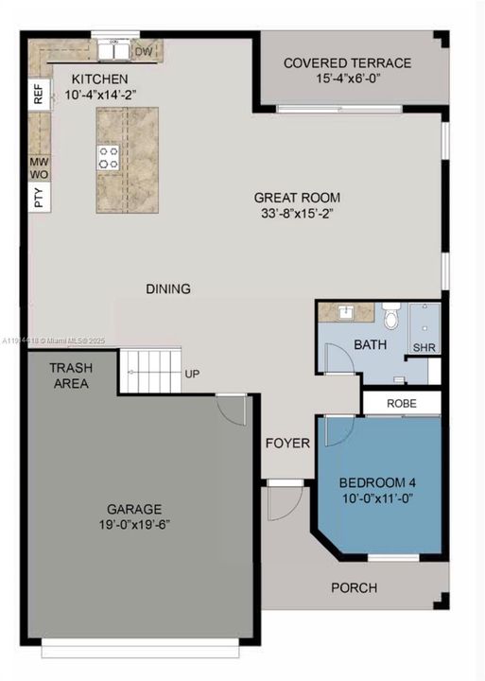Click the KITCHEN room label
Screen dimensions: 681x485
click(x=100, y=79)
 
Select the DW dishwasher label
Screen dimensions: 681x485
click(x=144, y=51)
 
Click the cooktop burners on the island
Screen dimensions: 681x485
click(x=109, y=157)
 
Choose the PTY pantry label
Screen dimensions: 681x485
click(x=39, y=198)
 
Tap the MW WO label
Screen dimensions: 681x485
click(x=39, y=168)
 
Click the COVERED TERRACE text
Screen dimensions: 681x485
click(x=347, y=63)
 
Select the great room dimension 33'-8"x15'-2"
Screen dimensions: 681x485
click(x=296, y=214)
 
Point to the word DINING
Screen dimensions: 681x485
click(x=168, y=288)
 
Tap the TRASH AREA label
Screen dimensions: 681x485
click(x=70, y=375)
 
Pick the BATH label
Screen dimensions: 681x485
click(x=370, y=345)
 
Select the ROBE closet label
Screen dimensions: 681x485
click(x=402, y=403)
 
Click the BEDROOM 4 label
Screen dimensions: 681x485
click(x=377, y=482)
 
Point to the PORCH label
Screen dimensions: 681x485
click(x=354, y=587)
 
